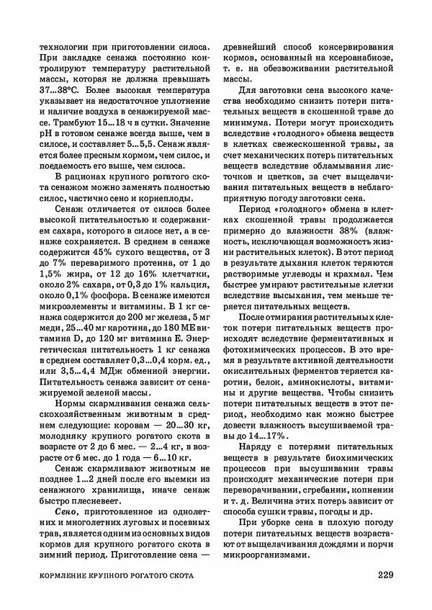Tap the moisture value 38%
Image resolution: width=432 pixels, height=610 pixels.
point(347,228)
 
